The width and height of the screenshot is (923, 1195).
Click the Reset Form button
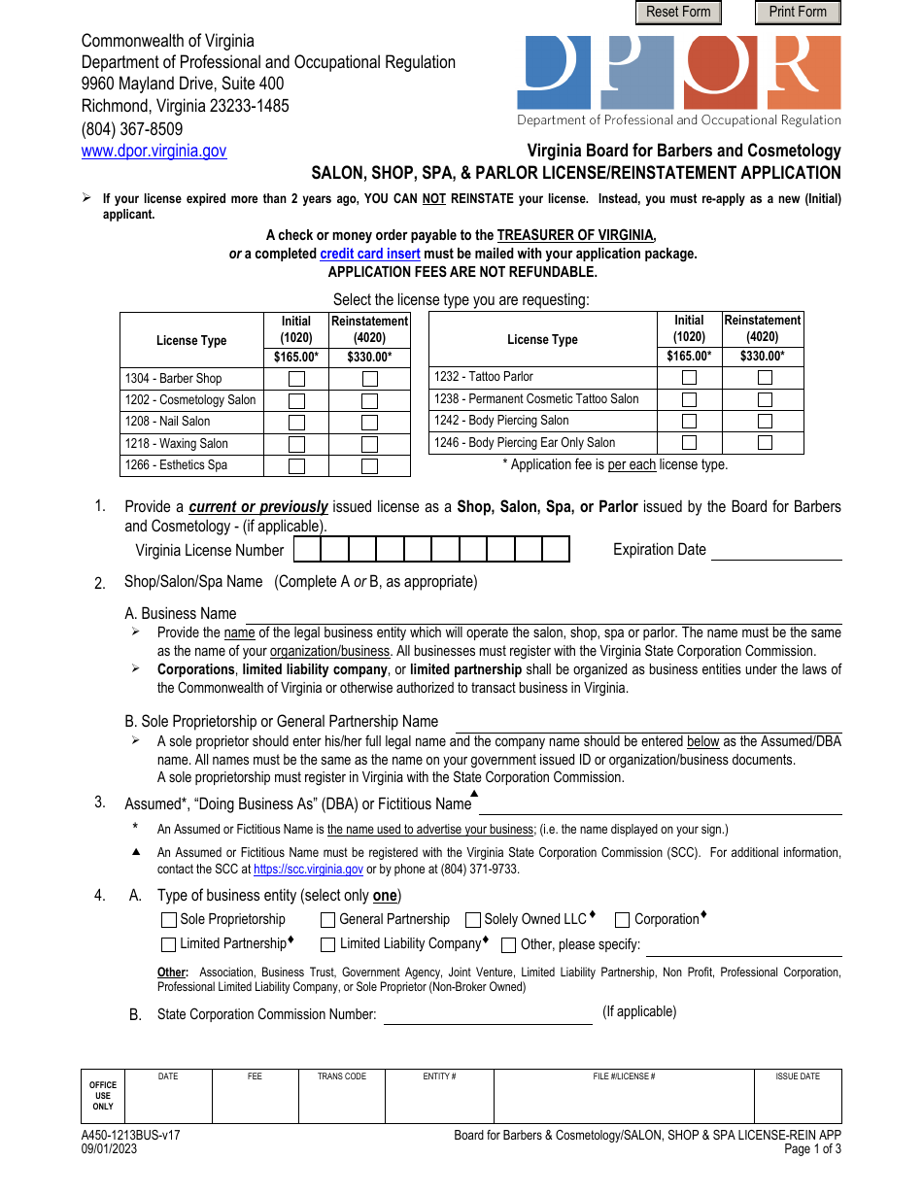coord(678,13)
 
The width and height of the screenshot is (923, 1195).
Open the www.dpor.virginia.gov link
coord(154,151)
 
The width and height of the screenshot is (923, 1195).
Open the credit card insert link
coord(370,254)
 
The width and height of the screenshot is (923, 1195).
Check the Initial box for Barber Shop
coord(296,379)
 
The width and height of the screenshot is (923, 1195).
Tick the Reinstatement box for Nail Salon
coord(369,423)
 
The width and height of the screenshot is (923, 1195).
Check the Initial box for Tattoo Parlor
coord(689,377)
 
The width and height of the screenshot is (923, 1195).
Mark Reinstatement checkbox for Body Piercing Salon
coord(765,421)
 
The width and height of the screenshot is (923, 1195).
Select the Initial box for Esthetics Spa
coord(296,466)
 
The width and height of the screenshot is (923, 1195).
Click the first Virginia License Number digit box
coord(307,550)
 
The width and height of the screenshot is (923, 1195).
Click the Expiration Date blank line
coord(776,550)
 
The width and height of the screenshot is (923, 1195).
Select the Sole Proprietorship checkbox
coord(169,920)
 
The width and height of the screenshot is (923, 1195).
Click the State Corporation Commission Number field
coord(488,1014)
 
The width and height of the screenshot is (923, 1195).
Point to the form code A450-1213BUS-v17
coord(131,1135)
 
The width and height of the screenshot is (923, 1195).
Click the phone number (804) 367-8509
coord(132,129)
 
